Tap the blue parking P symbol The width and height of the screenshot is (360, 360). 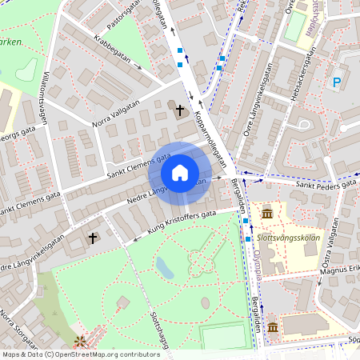tap(337, 82)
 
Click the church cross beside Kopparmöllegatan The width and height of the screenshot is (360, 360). tap(181, 110)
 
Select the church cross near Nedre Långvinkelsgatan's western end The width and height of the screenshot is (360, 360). tap(93, 238)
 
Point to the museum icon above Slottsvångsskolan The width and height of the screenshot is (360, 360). tap(266, 213)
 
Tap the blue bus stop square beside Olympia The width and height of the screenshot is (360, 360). tap(249, 238)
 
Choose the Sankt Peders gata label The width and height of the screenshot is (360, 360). tap(326, 184)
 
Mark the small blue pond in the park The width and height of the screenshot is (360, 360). tap(165, 267)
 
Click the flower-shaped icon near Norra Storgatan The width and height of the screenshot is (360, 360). tap(80, 343)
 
